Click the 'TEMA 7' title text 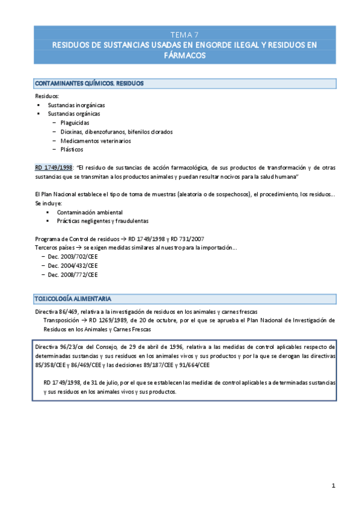coord(180,34)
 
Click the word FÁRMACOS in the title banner coord(180,55)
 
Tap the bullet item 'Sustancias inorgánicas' coord(76,105)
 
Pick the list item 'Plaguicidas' coord(75,123)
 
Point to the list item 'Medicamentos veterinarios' coord(96,141)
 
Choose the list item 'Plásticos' coord(72,150)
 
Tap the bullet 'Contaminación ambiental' coord(90,212)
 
